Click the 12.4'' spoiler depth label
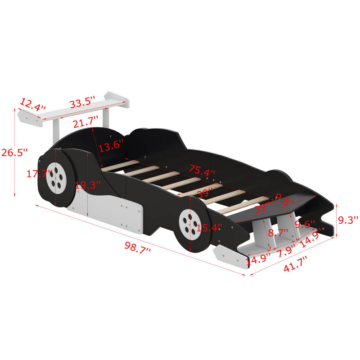tap(32, 105)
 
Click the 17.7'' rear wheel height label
tap(32, 174)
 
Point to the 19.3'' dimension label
tap(88, 185)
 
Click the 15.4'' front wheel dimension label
tap(209, 229)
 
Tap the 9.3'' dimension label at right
tap(347, 220)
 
